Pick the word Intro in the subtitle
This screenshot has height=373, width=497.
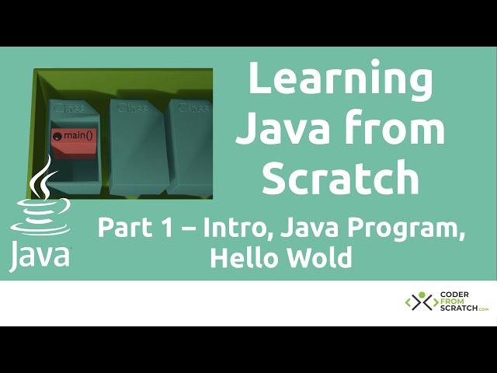237,228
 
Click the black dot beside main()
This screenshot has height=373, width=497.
57,136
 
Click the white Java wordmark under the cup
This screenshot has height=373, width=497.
39,256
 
